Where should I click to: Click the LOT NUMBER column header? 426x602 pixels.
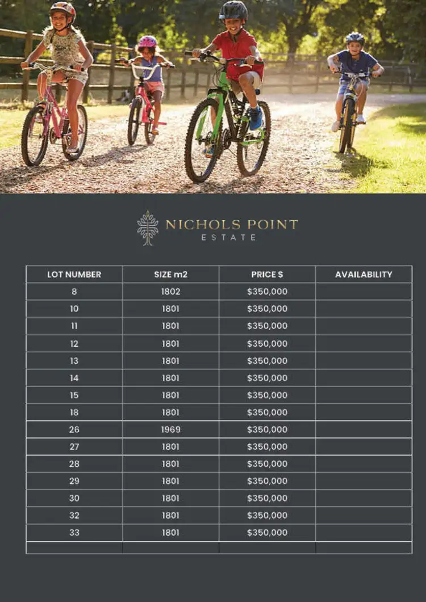[x=74, y=275]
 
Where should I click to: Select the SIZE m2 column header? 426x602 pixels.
[x=170, y=275]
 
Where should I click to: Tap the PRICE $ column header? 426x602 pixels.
[x=267, y=275]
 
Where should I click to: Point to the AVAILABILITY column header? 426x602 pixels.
[x=364, y=275]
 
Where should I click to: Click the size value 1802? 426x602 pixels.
[x=170, y=292]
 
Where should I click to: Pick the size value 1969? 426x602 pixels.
[x=170, y=430]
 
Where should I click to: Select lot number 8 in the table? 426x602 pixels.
[x=74, y=292]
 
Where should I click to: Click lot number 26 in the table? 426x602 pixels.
[x=74, y=430]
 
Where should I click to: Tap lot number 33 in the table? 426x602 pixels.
[x=74, y=533]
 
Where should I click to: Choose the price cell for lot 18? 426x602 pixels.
[x=267, y=412]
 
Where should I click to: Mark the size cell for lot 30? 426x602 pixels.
[x=170, y=498]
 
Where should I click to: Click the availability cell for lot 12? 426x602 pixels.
[x=364, y=343]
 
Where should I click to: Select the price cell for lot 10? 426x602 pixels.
[x=267, y=309]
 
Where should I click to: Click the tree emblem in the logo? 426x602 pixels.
[x=148, y=228]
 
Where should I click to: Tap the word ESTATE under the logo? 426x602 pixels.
[x=228, y=238]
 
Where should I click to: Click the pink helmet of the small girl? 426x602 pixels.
[x=148, y=41]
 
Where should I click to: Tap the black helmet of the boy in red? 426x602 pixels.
[x=234, y=10]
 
